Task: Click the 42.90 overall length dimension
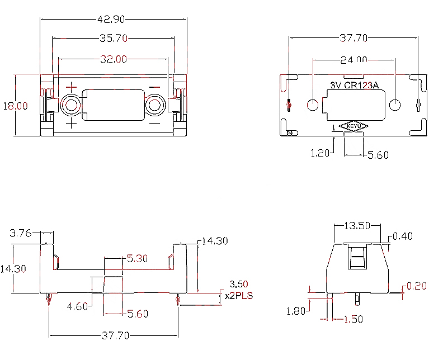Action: [111, 19]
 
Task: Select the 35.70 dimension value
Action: [114, 38]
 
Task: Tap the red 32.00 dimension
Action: [114, 59]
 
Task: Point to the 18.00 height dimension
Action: [15, 106]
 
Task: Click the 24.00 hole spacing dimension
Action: [353, 60]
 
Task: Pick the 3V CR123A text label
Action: [354, 86]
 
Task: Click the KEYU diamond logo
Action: [353, 126]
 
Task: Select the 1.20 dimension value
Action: [320, 153]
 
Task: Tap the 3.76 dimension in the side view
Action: [21, 233]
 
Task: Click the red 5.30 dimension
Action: [137, 258]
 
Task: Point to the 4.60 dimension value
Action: [77, 306]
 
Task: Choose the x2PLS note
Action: [239, 296]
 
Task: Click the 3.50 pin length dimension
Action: [239, 284]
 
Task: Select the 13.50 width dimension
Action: [357, 226]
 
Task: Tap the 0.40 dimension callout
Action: [403, 236]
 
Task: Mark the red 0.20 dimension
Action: [416, 286]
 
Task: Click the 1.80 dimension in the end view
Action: [296, 311]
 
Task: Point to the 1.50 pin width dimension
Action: [353, 319]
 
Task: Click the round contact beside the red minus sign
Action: [154, 105]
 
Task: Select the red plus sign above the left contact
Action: [71, 87]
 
